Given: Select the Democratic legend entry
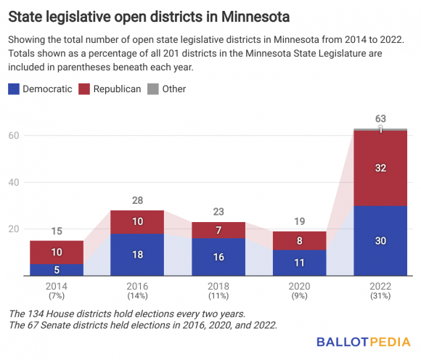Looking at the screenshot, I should click(x=40, y=89).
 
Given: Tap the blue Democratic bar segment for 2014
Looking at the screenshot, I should click(x=57, y=269).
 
